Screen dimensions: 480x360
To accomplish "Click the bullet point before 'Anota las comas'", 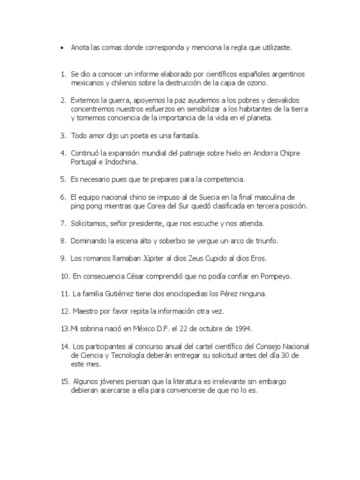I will (62, 48).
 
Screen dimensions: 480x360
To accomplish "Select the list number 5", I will (63, 180).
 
